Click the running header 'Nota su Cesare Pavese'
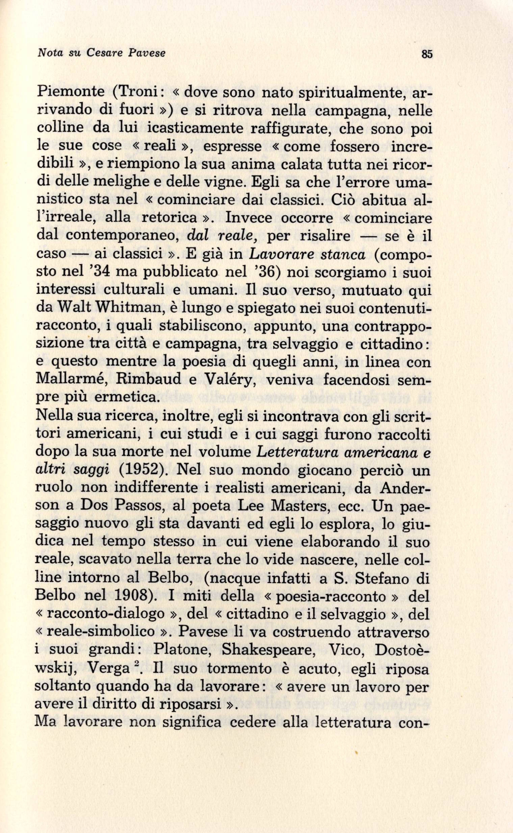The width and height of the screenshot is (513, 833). pos(102,53)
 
